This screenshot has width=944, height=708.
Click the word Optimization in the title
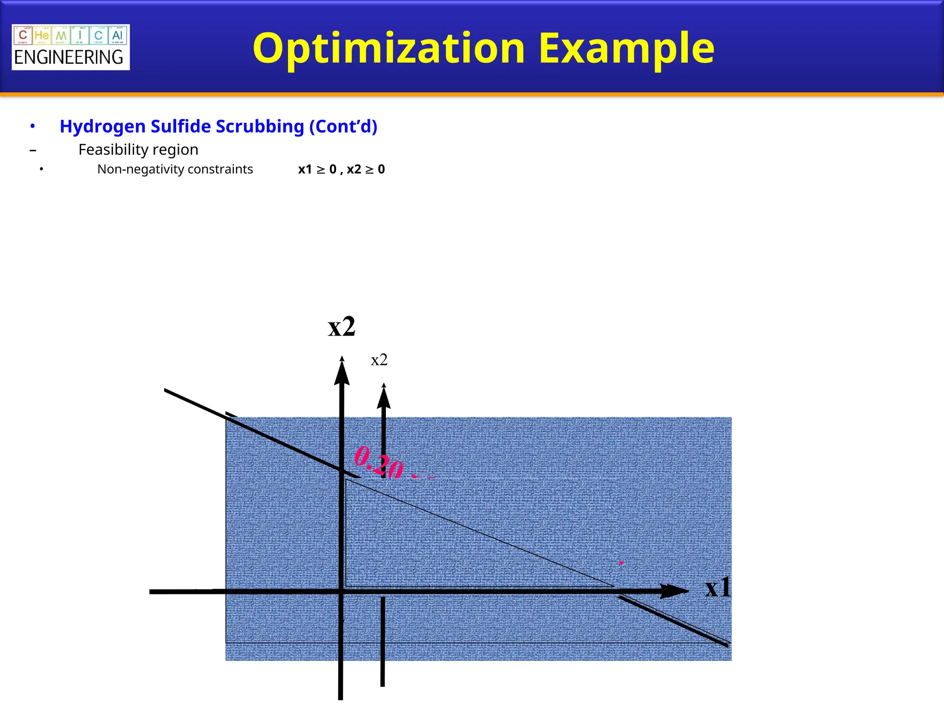click(389, 48)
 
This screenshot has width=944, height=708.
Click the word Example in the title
click(626, 48)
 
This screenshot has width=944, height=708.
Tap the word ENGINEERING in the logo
click(69, 58)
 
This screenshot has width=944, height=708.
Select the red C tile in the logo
click(23, 35)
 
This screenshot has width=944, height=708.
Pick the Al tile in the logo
click(117, 35)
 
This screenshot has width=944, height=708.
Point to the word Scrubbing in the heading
click(260, 126)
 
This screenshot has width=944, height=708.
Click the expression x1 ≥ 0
click(317, 170)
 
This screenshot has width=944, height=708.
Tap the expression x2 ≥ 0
click(366, 170)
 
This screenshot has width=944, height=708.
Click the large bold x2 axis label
click(342, 327)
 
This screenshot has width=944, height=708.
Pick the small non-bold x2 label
click(379, 360)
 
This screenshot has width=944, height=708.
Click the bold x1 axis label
click(718, 588)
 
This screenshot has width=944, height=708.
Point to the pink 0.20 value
click(379, 462)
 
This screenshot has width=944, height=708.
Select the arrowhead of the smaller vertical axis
click(383, 396)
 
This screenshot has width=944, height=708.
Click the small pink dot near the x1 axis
click(621, 563)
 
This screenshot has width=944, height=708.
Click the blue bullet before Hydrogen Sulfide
click(32, 126)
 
